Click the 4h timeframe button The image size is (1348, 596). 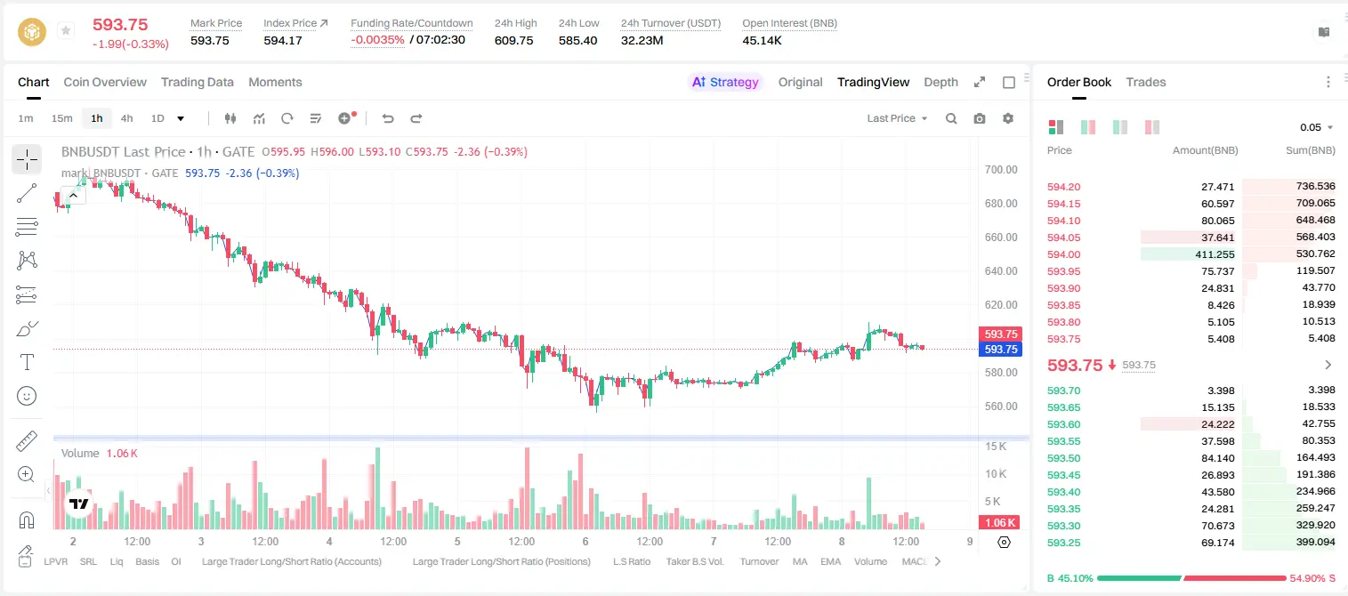(x=126, y=118)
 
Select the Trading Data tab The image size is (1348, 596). (x=197, y=82)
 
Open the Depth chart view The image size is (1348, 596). (x=940, y=82)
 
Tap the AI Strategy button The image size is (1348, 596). (x=725, y=82)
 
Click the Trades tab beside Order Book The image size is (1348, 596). (x=1146, y=82)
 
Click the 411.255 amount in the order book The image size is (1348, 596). (x=1215, y=254)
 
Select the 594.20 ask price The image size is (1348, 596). (x=1063, y=187)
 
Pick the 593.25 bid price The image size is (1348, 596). (x=1063, y=543)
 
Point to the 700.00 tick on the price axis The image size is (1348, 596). (x=1001, y=170)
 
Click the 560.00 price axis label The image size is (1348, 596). (x=1001, y=406)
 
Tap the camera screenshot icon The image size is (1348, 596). (x=980, y=118)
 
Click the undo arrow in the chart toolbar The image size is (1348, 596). (x=388, y=118)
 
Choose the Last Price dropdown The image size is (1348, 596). (x=897, y=118)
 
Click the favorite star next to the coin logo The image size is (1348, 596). (x=66, y=30)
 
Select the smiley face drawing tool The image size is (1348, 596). (x=27, y=396)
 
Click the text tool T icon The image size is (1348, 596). (x=27, y=362)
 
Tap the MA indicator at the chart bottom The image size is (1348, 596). (x=800, y=561)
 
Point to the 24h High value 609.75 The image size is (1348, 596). (x=514, y=40)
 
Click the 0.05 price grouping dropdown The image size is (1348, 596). (x=1316, y=127)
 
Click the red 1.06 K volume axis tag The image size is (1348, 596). (x=1000, y=523)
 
